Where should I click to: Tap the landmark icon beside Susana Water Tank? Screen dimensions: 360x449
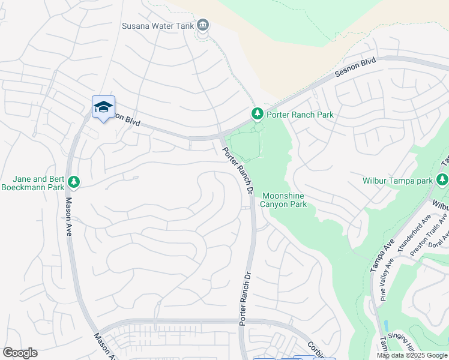203,25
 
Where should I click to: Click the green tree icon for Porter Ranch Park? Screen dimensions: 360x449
257,113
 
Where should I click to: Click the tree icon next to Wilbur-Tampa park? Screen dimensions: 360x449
442,179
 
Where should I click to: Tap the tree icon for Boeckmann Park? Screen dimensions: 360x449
74,181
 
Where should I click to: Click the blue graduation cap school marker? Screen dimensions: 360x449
103,107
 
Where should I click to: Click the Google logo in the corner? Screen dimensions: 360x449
20,353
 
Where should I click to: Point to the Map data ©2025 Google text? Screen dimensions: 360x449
411,355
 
